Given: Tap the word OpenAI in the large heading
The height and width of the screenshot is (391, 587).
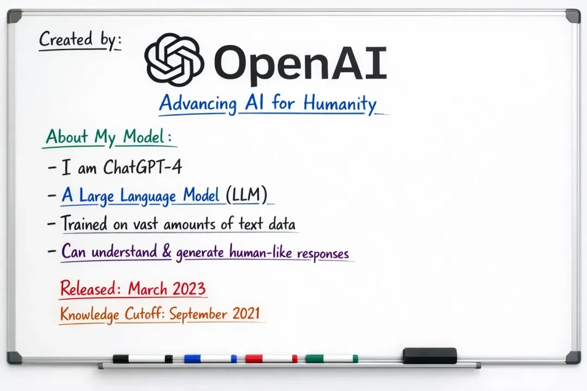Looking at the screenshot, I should pyautogui.click(x=301, y=62).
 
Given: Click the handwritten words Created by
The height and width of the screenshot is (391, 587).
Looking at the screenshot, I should pyautogui.click(x=79, y=40).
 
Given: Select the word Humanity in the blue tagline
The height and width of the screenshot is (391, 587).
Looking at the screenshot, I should pyautogui.click(x=340, y=103).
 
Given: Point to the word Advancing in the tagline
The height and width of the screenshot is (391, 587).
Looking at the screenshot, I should pyautogui.click(x=198, y=104).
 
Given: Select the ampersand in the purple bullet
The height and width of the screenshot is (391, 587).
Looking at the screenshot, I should pyautogui.click(x=166, y=252).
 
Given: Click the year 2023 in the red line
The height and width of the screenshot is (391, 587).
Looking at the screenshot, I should pyautogui.click(x=187, y=288).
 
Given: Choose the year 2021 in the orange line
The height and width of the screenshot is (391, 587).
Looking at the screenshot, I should pyautogui.click(x=245, y=314).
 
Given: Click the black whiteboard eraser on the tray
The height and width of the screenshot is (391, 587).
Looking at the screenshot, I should pyautogui.click(x=429, y=356).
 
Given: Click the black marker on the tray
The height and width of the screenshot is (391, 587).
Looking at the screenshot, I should pyautogui.click(x=143, y=358).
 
